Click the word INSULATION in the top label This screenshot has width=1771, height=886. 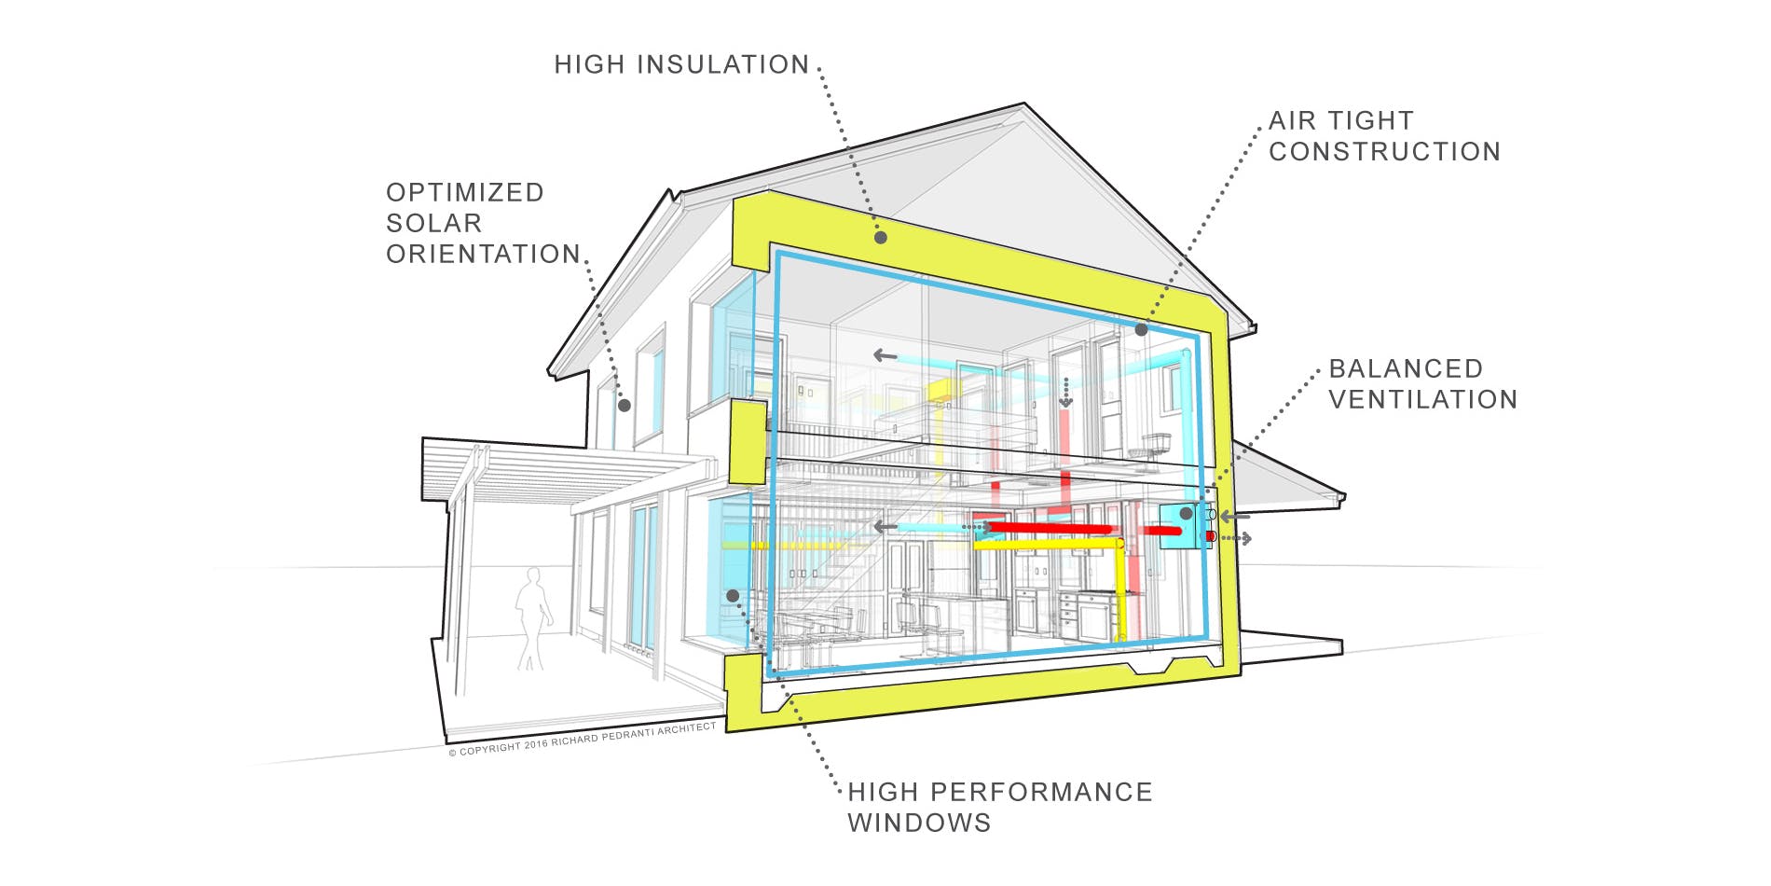coord(723,64)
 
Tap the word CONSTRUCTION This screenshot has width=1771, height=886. coord(1384,151)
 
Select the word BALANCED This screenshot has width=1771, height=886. coord(1405,368)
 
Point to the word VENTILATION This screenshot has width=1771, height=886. coord(1422,399)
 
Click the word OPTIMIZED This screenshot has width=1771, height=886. coord(464,192)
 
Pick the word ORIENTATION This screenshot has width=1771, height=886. coord(483,254)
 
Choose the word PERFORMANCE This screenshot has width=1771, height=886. coord(1041,792)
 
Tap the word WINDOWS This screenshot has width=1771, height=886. coord(918,823)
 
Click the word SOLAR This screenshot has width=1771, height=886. coord(433,223)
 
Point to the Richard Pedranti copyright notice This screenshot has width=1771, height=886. coord(583,739)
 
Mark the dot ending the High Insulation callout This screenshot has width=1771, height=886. coord(880,238)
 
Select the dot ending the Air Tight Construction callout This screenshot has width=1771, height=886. coord(1141,329)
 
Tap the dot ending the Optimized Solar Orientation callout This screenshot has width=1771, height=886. coord(625,405)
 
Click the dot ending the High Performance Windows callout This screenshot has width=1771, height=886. coord(733,595)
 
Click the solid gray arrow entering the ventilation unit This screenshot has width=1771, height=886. coord(1234,516)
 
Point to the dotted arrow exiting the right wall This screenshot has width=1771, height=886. coord(1237,539)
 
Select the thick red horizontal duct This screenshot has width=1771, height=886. coord(1049,529)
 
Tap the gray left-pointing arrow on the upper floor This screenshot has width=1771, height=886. coord(884,355)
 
